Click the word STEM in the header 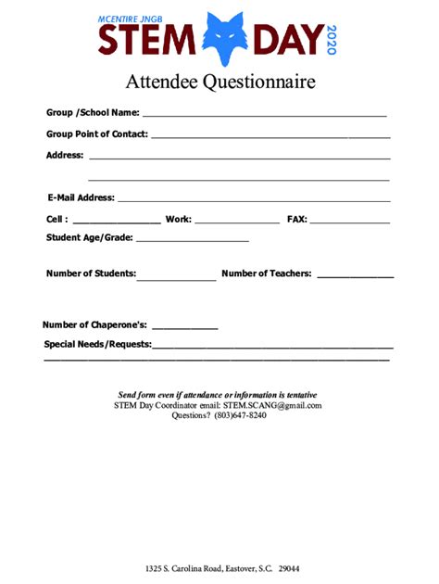click(148, 41)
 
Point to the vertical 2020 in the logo click(333, 39)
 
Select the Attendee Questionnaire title click(220, 82)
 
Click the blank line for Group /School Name click(264, 115)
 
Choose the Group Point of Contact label click(96, 133)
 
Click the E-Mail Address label click(81, 197)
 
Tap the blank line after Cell click(116, 222)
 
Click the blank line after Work click(237, 222)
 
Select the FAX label click(296, 220)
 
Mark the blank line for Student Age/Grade click(193, 240)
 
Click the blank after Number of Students click(177, 277)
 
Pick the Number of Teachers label click(267, 273)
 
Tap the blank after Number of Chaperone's click(184, 328)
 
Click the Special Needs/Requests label click(97, 344)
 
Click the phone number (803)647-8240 click(240, 415)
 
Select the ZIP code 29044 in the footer click(288, 568)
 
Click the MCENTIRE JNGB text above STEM click(140, 19)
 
